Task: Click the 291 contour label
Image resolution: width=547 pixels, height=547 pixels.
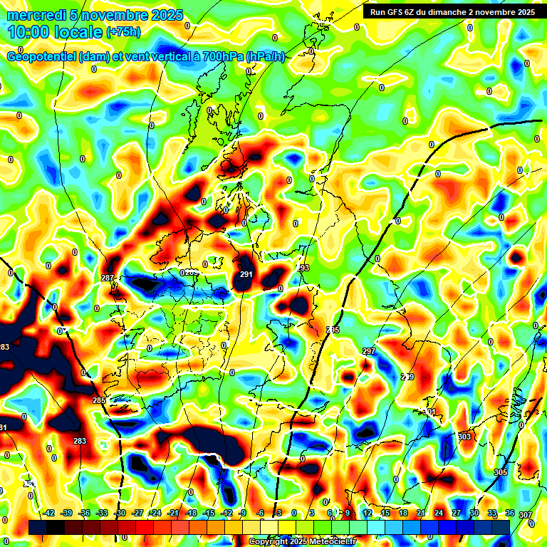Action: point(246,274)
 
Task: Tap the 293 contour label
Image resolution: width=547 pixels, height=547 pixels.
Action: point(303,269)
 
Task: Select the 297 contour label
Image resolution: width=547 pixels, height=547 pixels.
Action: point(368,352)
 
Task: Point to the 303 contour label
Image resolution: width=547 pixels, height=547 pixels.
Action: point(464,436)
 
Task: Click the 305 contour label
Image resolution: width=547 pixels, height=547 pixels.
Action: point(500,472)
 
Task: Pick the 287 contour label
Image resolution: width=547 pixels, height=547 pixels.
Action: point(108,278)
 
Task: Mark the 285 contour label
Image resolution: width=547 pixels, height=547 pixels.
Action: point(99,401)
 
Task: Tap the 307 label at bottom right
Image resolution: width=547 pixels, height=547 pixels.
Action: point(525,515)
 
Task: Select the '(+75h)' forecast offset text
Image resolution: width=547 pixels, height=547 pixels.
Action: point(123,32)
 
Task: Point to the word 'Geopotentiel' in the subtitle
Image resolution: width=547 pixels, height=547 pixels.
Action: point(42,57)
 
